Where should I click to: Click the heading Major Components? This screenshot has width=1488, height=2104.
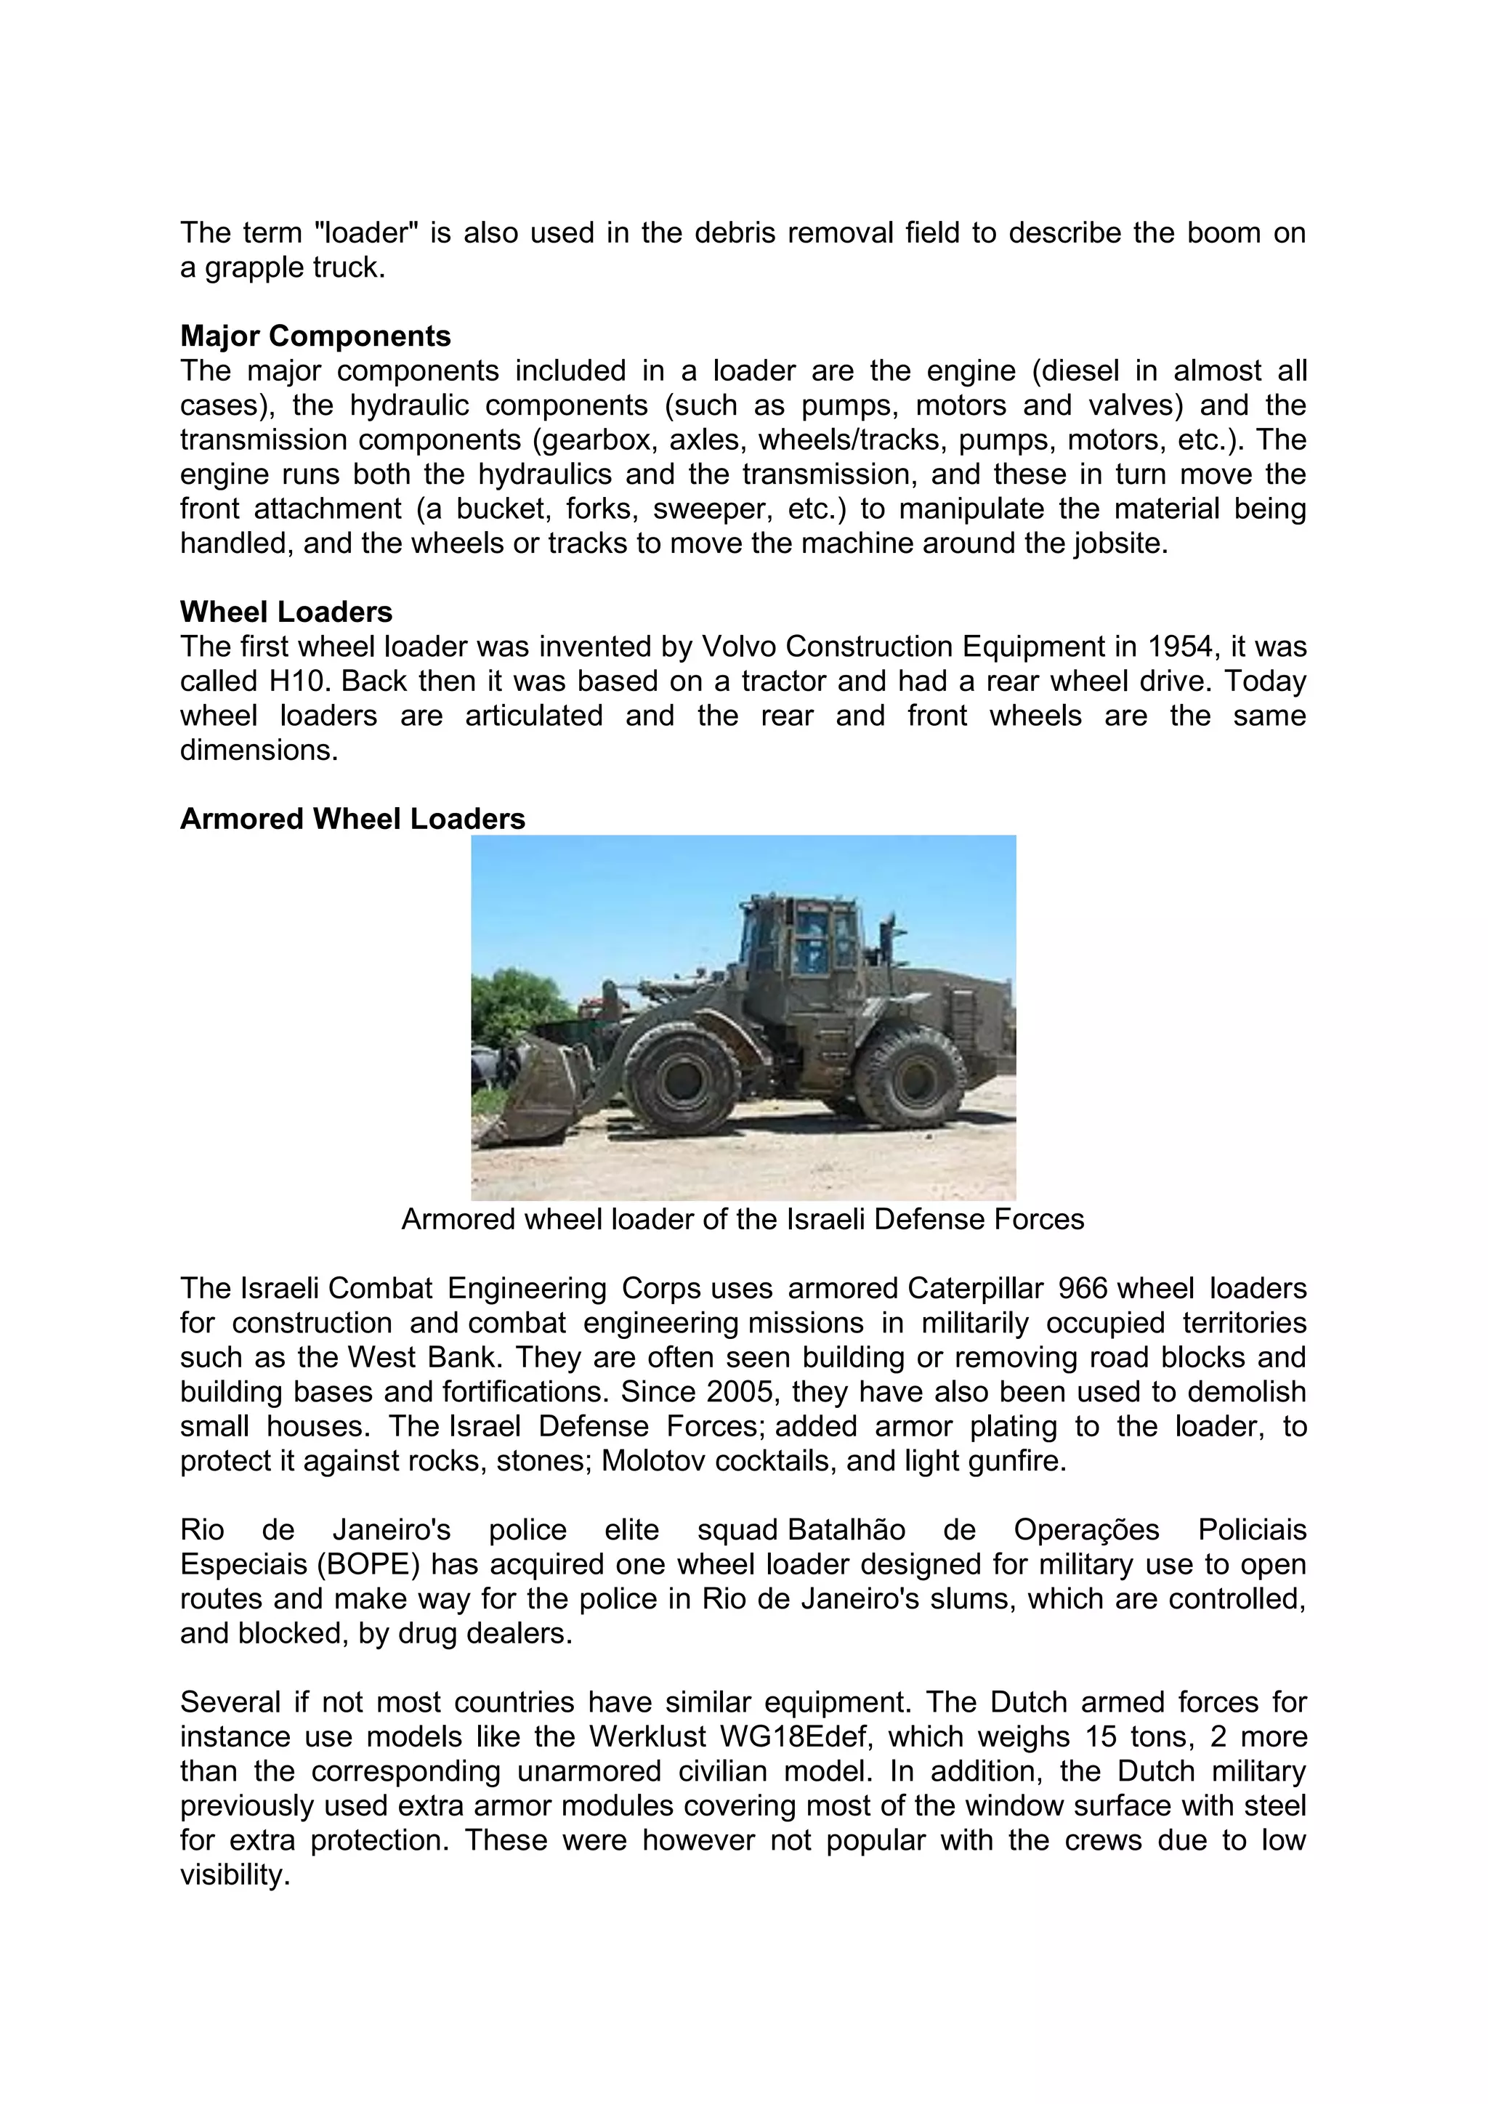pyautogui.click(x=315, y=336)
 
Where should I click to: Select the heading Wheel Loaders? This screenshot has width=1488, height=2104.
pyautogui.click(x=286, y=612)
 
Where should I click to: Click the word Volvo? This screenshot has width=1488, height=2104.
pyautogui.click(x=738, y=647)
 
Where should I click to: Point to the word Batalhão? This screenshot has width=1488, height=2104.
pyautogui.click(x=846, y=1530)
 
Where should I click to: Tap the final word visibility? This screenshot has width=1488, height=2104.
pyautogui.click(x=235, y=1875)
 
